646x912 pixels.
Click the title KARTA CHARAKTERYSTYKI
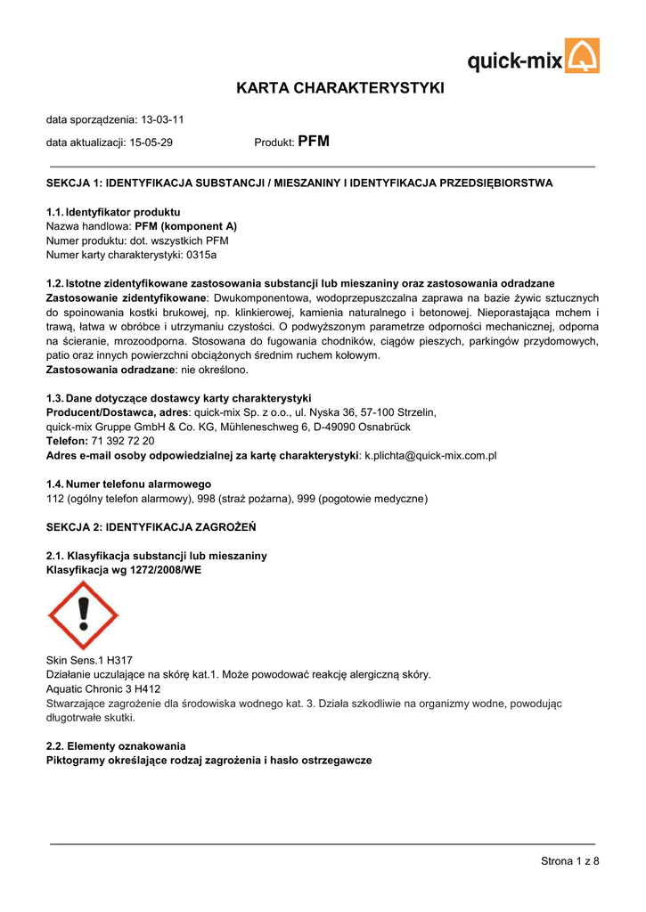pyautogui.click(x=339, y=88)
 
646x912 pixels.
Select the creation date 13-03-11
pyautogui.click(x=163, y=119)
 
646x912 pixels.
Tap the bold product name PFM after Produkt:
pyautogui.click(x=314, y=142)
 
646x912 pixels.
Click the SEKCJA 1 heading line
pyautogui.click(x=299, y=183)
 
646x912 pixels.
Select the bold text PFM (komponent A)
pyautogui.click(x=185, y=226)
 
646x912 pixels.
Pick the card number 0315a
pyautogui.click(x=201, y=255)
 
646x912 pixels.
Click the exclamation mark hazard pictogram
pyautogui.click(x=82, y=615)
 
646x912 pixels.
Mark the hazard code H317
pyautogui.click(x=118, y=661)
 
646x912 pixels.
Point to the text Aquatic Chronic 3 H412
pyautogui.click(x=103, y=689)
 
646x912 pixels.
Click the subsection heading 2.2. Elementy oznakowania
pyautogui.click(x=116, y=745)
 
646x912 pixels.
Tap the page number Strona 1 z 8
pyautogui.click(x=570, y=860)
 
